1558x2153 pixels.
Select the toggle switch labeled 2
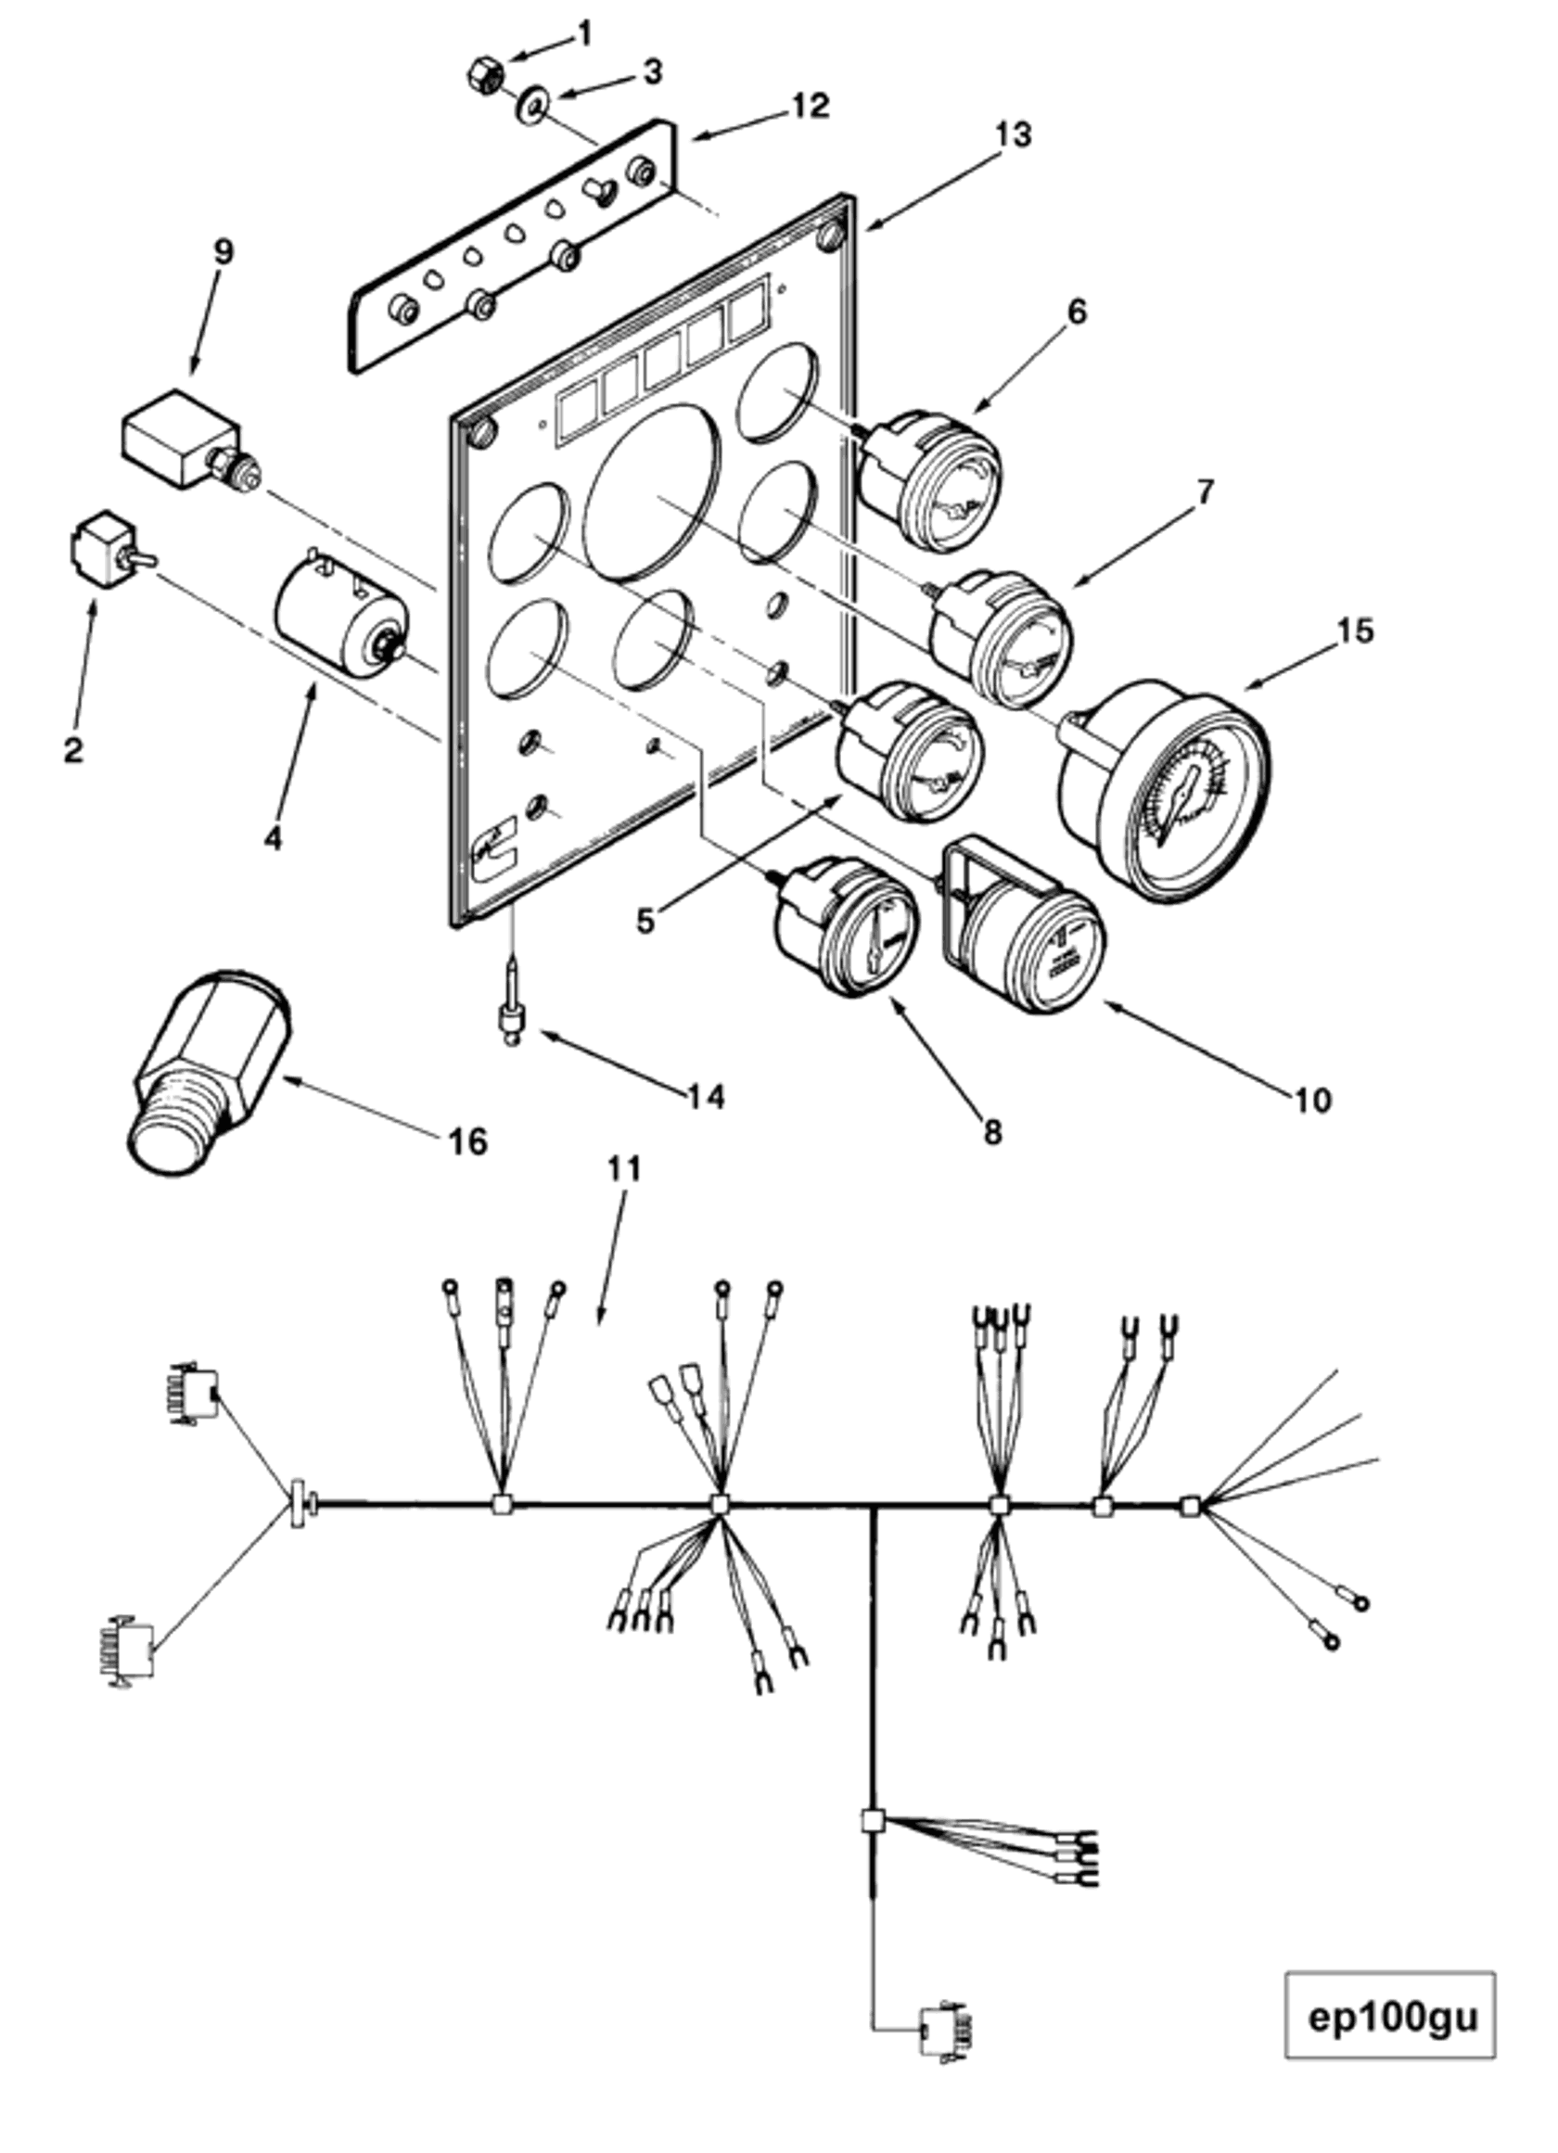tap(109, 552)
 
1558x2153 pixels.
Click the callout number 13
tap(1014, 134)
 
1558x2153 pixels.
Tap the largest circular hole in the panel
tap(652, 490)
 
